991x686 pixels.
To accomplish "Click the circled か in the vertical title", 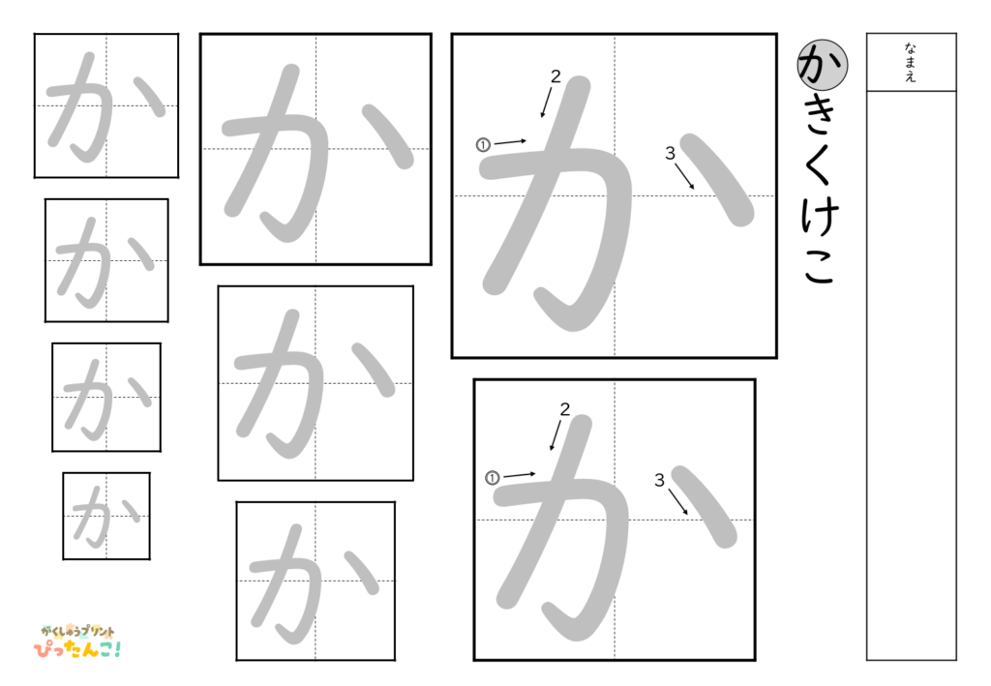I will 822,65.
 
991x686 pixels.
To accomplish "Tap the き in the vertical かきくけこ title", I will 821,118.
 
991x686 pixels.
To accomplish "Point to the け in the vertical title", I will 821,219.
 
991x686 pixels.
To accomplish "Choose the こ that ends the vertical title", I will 821,268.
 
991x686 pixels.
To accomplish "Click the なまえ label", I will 911,62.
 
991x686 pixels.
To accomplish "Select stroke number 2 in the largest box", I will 556,76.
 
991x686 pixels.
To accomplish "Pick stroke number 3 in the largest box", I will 670,153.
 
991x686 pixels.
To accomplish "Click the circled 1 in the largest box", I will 483,145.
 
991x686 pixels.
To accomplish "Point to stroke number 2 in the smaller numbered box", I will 564,409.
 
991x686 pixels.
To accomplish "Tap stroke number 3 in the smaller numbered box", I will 659,480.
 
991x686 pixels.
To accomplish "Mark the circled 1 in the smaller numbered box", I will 492,477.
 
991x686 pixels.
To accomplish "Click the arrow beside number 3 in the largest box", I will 685,176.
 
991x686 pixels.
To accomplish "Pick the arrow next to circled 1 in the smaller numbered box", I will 520,474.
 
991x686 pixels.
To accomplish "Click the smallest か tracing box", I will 106,516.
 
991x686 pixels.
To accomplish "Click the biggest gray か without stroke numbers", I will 315,149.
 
